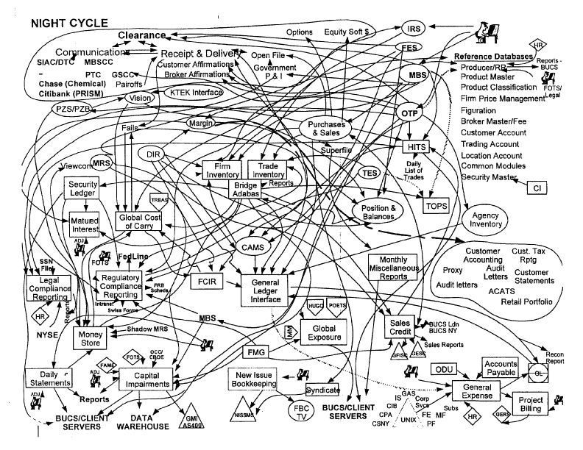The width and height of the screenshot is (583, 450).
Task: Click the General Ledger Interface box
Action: [x=266, y=291]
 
